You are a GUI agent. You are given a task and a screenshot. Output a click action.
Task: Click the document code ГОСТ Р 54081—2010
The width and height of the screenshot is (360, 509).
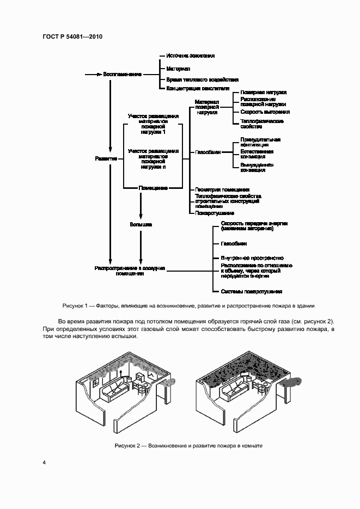72,36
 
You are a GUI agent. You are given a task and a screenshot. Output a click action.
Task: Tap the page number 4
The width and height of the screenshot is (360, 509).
44,463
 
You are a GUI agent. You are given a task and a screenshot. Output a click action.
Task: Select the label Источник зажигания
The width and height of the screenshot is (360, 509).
190,56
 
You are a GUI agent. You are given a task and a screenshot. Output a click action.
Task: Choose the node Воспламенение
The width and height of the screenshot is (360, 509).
123,73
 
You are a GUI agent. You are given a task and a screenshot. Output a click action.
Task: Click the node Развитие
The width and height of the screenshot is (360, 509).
106,158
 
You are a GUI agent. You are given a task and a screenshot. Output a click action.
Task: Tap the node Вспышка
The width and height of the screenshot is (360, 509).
141,224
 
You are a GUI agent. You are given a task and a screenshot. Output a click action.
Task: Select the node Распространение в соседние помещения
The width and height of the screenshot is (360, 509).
130,271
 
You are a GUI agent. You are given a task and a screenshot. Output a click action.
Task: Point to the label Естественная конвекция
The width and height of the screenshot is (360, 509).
257,154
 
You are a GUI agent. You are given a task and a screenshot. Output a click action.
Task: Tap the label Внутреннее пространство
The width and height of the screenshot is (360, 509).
252,257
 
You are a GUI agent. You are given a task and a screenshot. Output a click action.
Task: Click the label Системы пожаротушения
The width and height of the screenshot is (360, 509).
251,292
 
